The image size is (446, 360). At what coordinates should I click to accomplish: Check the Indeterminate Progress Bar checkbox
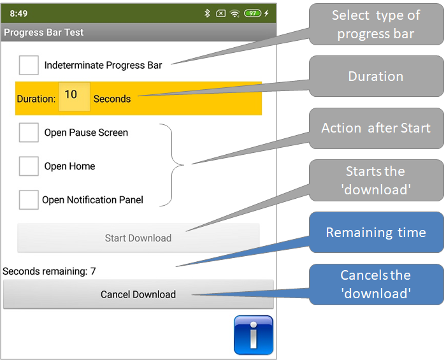click(29, 65)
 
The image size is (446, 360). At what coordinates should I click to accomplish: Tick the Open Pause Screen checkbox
click(29, 133)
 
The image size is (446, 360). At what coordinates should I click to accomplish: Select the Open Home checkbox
click(29, 166)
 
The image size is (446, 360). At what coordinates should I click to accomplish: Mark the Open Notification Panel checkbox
click(29, 200)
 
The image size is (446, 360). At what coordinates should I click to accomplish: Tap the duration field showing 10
click(75, 97)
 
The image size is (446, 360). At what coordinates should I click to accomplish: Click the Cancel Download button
click(138, 294)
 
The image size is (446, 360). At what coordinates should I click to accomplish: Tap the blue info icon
click(254, 335)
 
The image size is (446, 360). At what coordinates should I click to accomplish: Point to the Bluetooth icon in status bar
click(207, 13)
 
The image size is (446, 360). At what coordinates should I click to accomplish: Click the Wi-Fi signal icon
click(235, 13)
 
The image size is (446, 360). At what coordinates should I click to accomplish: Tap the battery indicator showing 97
click(252, 13)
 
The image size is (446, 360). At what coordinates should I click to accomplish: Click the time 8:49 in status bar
click(18, 13)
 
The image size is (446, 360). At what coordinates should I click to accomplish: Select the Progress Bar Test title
click(44, 32)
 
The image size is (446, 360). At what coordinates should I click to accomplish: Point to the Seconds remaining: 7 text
click(49, 271)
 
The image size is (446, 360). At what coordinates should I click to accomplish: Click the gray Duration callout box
click(376, 76)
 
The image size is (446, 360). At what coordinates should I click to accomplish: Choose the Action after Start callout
click(376, 128)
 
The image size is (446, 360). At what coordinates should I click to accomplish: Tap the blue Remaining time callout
click(376, 233)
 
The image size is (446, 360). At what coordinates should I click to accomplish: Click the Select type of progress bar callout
click(376, 24)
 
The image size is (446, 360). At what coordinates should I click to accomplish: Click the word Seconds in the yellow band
click(112, 99)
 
